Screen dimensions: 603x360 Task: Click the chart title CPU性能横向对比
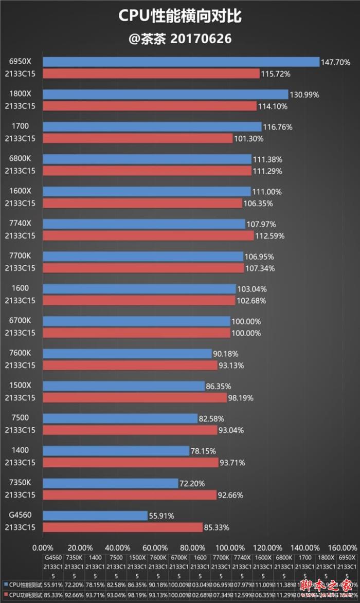coord(180,16)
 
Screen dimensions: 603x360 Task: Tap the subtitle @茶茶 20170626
coord(180,39)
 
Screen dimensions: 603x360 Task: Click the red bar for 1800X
coord(149,106)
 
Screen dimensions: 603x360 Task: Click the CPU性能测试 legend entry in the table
coord(24,584)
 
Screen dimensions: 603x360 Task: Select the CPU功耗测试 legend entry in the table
coord(24,594)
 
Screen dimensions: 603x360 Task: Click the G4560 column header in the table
coord(53,557)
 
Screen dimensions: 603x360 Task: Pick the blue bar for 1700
coord(152,126)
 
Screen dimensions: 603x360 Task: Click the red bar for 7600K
coord(130,366)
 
